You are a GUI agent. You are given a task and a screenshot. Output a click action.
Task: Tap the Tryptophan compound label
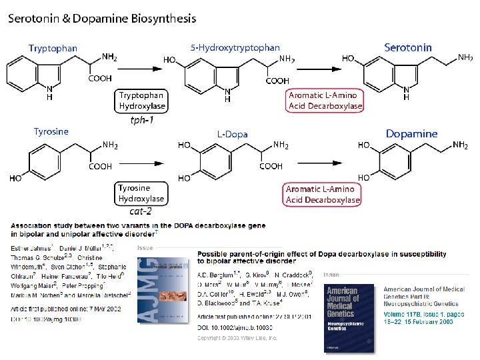tap(53, 48)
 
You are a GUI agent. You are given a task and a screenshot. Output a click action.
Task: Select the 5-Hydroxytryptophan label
tap(235, 47)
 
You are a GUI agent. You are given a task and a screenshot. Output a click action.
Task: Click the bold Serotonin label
tap(408, 47)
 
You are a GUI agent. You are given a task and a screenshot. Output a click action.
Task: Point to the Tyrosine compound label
tap(51, 131)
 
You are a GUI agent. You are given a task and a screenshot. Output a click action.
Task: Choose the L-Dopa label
tap(232, 134)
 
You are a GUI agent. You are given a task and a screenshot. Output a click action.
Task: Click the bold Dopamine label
tap(411, 133)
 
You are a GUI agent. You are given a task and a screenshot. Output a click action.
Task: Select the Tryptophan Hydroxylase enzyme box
tap(142, 101)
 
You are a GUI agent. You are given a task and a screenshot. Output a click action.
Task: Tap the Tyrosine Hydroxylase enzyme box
tap(141, 193)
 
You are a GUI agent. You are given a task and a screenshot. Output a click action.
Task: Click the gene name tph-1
tap(142, 121)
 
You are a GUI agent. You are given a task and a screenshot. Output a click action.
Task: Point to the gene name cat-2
tap(141, 213)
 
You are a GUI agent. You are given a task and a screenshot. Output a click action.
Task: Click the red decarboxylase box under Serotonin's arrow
tap(325, 101)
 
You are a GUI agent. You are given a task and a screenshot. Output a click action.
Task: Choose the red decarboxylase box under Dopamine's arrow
tap(323, 195)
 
